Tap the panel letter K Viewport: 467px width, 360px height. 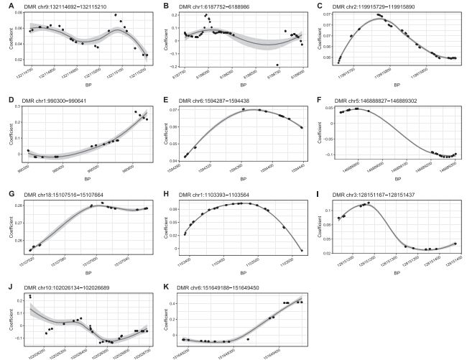[162, 286]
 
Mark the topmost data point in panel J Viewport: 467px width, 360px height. [30, 296]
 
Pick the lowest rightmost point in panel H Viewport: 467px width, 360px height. [301, 250]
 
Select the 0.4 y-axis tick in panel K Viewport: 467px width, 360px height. [174, 303]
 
